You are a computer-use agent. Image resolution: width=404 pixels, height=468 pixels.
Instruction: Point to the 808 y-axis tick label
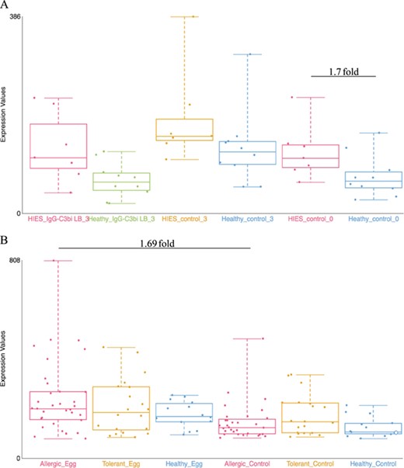tap(15, 261)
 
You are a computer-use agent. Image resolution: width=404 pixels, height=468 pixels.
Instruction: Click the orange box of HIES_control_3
tap(185, 130)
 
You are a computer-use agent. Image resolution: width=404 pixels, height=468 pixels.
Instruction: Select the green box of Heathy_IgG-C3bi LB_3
tap(121, 181)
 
